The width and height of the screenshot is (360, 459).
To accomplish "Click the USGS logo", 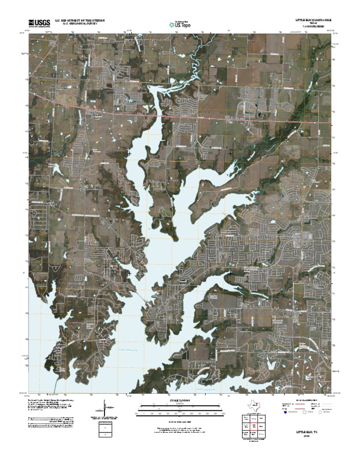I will point(39,23).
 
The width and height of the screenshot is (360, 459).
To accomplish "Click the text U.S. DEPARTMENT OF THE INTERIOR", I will point(80,21).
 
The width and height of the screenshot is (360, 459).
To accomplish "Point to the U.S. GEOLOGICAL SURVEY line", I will point(75,24).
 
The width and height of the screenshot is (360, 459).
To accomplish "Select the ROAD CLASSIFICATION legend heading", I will point(307,400).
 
